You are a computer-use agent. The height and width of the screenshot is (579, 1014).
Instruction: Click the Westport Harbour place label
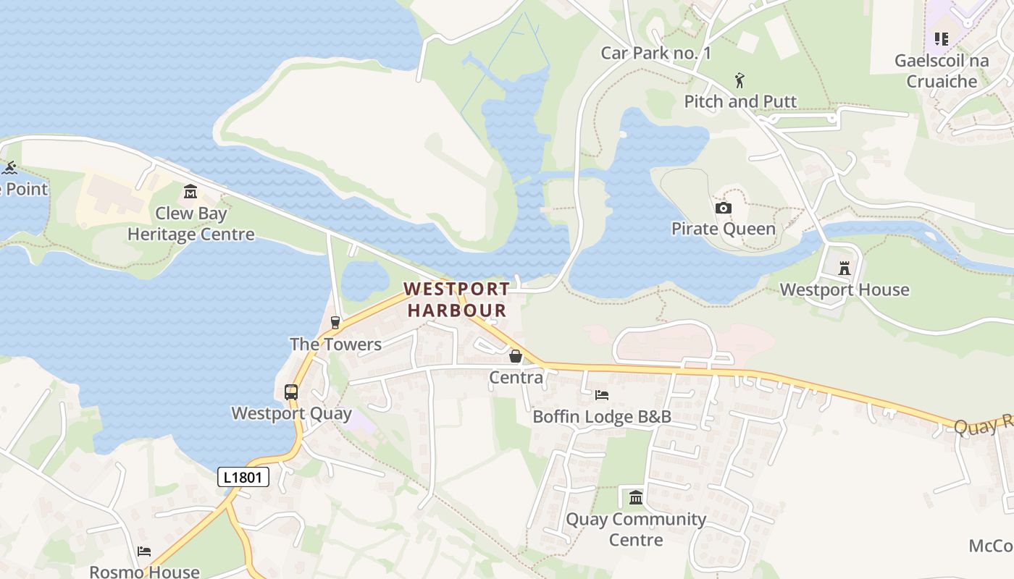click(x=456, y=300)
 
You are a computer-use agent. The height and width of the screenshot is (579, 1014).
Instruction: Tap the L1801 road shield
click(x=243, y=477)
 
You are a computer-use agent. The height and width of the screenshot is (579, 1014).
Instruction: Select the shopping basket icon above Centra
click(x=516, y=356)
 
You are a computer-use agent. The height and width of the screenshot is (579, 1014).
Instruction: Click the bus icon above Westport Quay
click(x=291, y=392)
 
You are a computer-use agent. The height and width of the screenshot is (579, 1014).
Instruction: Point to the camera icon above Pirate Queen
click(x=723, y=208)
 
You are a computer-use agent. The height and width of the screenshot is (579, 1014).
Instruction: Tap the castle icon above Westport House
click(x=844, y=269)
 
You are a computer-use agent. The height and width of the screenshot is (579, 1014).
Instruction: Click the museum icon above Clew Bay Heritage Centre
click(x=190, y=192)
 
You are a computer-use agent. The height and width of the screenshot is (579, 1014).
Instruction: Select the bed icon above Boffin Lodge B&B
click(x=601, y=395)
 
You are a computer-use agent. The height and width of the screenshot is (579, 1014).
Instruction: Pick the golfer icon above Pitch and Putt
click(x=739, y=80)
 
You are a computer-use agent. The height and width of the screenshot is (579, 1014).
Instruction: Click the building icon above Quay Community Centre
click(x=636, y=497)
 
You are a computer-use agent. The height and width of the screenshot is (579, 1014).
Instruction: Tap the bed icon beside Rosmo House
click(x=144, y=551)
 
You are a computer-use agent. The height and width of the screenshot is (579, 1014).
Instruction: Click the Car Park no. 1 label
click(x=656, y=53)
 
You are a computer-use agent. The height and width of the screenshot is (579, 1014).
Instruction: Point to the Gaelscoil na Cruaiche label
click(x=942, y=71)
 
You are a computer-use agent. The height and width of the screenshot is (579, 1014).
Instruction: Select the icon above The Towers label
click(x=335, y=323)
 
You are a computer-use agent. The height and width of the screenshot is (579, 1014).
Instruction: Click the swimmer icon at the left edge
click(x=9, y=168)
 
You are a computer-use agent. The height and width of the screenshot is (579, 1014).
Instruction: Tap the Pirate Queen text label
click(x=723, y=229)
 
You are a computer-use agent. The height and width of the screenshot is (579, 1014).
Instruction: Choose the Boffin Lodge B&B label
click(x=602, y=417)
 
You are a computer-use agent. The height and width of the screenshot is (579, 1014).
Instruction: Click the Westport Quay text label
click(x=291, y=414)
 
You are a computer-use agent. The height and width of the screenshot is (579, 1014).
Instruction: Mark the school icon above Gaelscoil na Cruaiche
click(x=941, y=39)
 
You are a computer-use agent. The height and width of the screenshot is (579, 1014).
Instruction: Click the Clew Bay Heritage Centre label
click(x=191, y=224)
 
